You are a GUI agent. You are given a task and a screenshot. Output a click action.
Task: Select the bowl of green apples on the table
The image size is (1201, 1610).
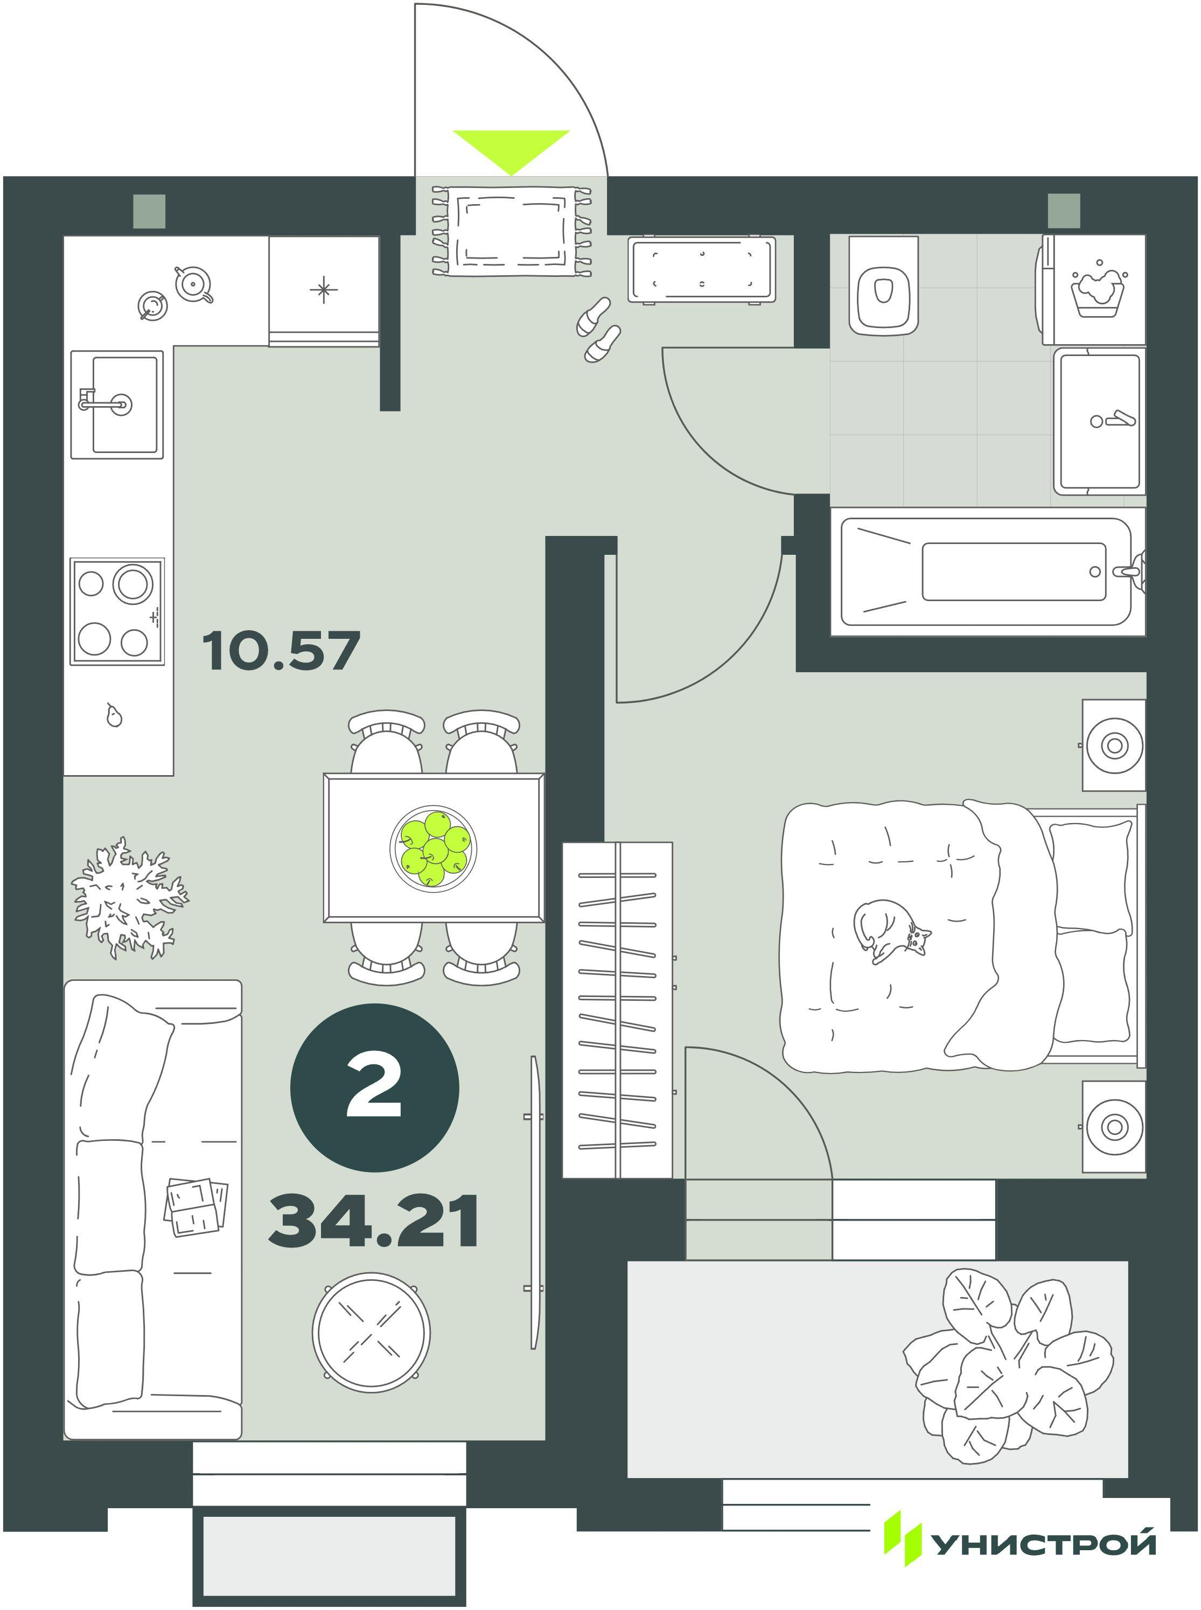tap(434, 847)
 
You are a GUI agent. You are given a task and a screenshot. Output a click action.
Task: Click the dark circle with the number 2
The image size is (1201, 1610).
tap(374, 1088)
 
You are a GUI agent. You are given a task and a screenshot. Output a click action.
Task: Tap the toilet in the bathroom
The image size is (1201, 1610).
tap(883, 286)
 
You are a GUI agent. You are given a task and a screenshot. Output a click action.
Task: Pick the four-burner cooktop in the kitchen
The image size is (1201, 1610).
tap(117, 611)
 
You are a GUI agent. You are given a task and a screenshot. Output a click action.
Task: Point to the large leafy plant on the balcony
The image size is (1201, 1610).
tap(1007, 1365)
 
